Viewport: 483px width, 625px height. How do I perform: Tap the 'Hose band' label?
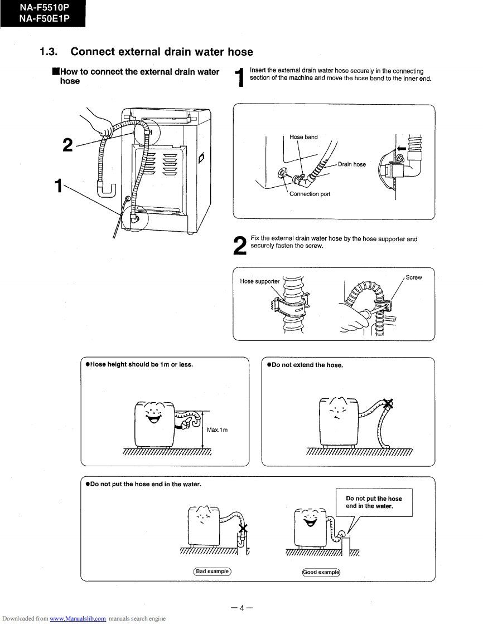(303, 137)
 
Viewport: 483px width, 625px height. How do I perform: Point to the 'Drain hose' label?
(352, 164)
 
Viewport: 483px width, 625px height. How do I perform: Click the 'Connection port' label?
(310, 194)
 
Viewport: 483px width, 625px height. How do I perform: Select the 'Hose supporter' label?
(259, 281)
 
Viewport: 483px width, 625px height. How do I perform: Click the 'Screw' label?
(414, 277)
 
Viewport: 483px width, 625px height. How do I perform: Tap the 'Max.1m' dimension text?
(218, 430)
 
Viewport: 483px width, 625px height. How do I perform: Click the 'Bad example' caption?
(212, 572)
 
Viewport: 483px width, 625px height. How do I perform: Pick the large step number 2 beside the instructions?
(240, 246)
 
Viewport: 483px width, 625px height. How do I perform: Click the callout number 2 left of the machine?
(67, 145)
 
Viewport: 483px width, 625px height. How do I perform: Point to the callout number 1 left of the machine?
(57, 185)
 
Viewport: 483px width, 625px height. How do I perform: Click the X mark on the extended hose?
(388, 404)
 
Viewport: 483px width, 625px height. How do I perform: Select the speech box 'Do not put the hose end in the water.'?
(374, 502)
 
